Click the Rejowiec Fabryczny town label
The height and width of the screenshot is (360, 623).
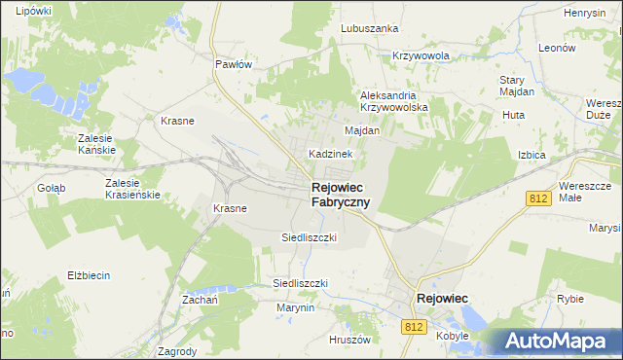point(340,195)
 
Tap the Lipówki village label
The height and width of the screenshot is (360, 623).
point(33,10)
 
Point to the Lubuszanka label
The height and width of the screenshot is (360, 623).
point(369,28)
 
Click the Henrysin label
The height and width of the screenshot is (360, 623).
point(585,13)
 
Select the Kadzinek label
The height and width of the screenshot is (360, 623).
point(329,154)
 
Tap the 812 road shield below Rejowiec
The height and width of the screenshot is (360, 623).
point(415,328)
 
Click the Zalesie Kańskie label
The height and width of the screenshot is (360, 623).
point(97,144)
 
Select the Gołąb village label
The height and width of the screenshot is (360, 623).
point(51,188)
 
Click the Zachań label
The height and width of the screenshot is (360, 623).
point(199,300)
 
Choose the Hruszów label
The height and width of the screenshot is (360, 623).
point(351,340)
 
